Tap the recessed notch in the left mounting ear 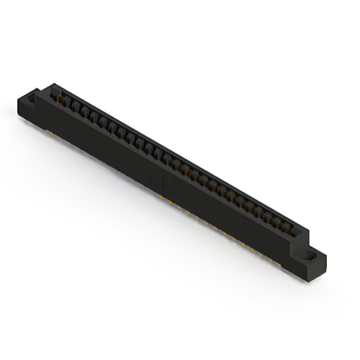point(32,100)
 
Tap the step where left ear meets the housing point(40,93)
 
